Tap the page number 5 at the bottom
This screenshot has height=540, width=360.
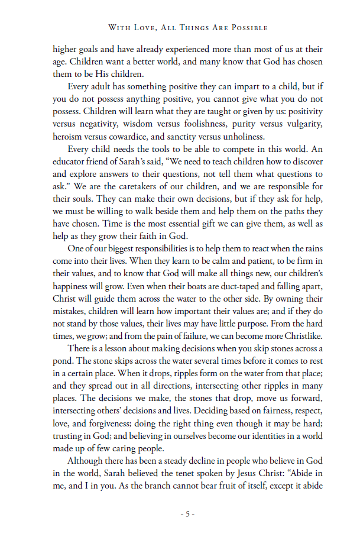(187, 514)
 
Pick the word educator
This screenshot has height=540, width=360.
(70, 161)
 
